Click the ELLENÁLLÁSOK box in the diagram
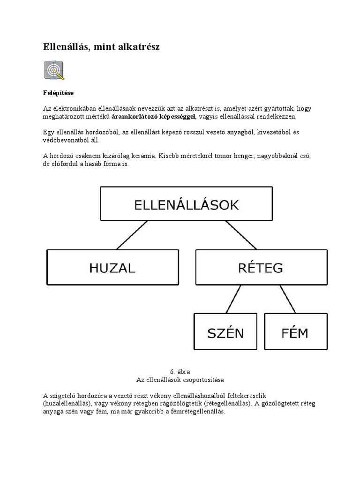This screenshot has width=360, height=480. [186, 204]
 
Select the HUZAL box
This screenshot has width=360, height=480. [112, 267]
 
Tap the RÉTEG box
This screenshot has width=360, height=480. [261, 267]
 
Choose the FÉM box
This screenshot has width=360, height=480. [295, 331]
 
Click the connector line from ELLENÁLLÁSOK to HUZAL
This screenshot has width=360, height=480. [132, 235]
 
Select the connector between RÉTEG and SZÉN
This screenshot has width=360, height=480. [233, 299]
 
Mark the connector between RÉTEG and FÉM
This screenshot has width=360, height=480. [288, 299]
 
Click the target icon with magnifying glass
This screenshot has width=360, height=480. [54, 70]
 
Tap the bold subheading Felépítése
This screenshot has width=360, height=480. [58, 93]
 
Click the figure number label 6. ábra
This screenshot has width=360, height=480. [180, 372]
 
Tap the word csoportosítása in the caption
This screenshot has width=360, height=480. [204, 379]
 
